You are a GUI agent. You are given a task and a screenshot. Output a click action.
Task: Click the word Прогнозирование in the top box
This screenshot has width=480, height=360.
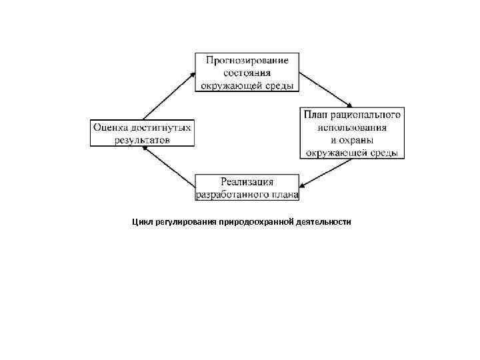[x=247, y=61]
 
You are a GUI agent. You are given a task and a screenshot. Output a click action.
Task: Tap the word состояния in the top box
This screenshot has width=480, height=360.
[x=247, y=73]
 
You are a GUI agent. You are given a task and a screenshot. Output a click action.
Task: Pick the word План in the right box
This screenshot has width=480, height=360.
[x=315, y=115]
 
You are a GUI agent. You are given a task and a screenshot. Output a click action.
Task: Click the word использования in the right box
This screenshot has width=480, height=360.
[x=352, y=127]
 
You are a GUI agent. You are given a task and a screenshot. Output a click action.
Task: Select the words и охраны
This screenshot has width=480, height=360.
[x=351, y=140]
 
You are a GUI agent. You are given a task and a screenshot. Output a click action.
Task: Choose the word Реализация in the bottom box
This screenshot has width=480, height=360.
[x=247, y=182]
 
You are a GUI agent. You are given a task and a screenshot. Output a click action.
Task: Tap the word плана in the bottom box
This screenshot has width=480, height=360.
[x=283, y=194]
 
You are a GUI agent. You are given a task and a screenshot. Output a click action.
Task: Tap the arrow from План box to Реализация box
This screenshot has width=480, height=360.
[x=326, y=175]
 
